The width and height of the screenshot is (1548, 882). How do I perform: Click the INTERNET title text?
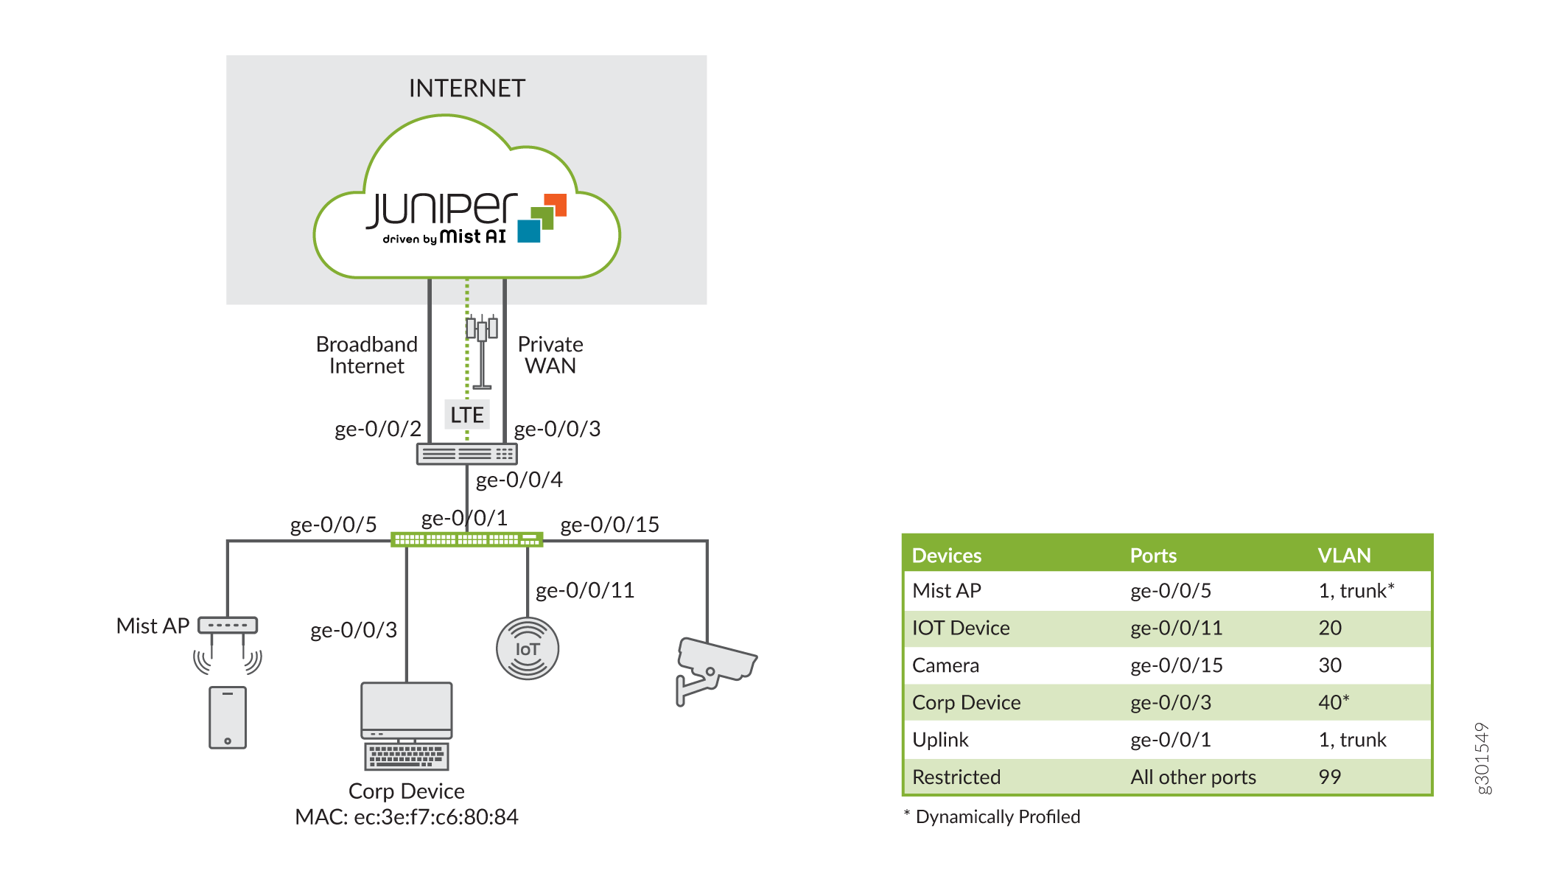click(x=466, y=88)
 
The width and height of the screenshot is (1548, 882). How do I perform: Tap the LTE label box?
click(x=467, y=415)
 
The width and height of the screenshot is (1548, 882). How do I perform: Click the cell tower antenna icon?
click(x=483, y=350)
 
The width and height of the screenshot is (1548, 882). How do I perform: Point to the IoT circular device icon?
click(x=528, y=648)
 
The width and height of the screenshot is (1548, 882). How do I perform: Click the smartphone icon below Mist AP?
click(x=228, y=717)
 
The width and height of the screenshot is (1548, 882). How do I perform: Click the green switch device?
click(x=466, y=539)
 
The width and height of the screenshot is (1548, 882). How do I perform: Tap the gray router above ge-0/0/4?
click(x=466, y=454)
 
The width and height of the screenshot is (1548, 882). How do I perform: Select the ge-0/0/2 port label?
click(x=377, y=429)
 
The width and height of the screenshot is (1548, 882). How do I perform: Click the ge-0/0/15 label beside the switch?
click(x=609, y=525)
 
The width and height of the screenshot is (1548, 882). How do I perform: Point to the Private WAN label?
click(x=550, y=355)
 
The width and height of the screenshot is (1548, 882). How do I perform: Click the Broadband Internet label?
click(x=367, y=355)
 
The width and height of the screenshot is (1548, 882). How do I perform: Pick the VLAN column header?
click(x=1344, y=556)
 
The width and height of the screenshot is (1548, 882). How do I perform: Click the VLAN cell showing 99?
click(x=1329, y=777)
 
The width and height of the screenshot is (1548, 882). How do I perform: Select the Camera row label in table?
click(x=945, y=665)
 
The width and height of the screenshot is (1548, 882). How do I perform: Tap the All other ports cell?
click(x=1193, y=777)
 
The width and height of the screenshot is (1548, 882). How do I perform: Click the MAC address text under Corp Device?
click(x=407, y=816)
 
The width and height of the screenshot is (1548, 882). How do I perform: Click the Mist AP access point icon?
click(x=228, y=626)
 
